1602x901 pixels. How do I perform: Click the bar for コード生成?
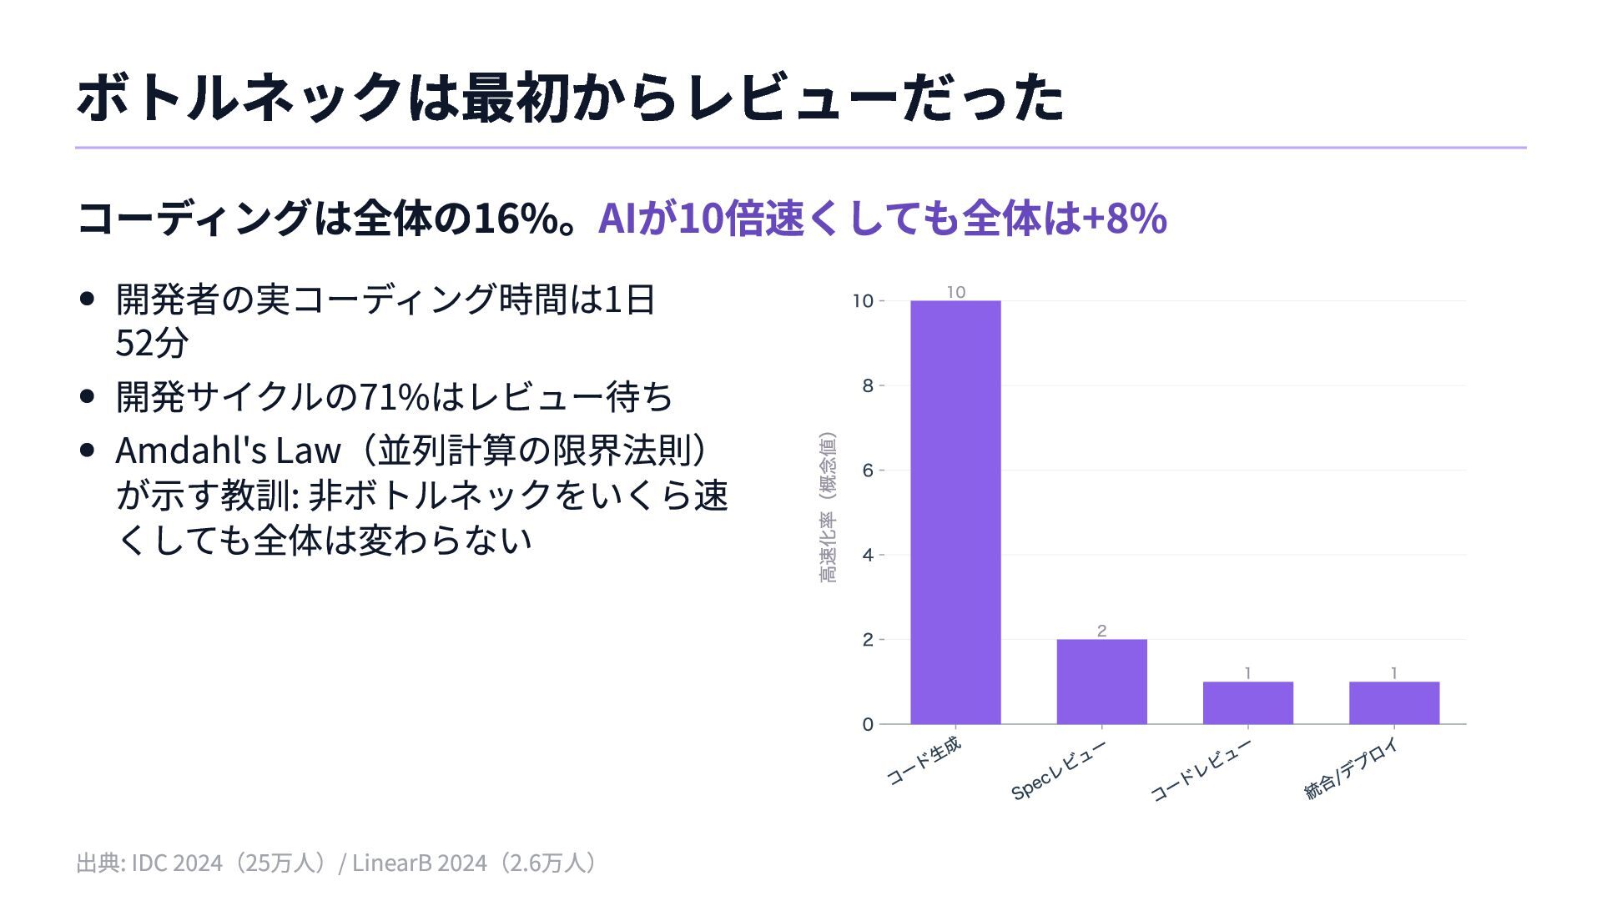coord(955,512)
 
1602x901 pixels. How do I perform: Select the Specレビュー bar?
coord(1101,682)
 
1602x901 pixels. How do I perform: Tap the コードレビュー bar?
coord(1247,702)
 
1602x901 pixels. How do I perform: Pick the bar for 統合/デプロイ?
coord(1393,702)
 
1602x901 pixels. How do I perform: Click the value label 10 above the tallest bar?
coord(956,292)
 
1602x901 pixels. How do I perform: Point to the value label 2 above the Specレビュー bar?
coord(1101,631)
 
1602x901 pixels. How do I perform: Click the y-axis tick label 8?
coord(868,385)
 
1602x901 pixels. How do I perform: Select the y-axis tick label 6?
coord(868,471)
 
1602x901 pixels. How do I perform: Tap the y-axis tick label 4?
coord(868,555)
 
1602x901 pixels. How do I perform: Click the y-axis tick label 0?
coord(868,724)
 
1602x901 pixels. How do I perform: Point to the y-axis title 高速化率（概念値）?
coord(827,507)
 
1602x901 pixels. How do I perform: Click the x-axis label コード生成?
coord(924,761)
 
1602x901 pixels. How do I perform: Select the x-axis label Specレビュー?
coord(1058,770)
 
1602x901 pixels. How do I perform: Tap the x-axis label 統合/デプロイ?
coord(1351,768)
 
